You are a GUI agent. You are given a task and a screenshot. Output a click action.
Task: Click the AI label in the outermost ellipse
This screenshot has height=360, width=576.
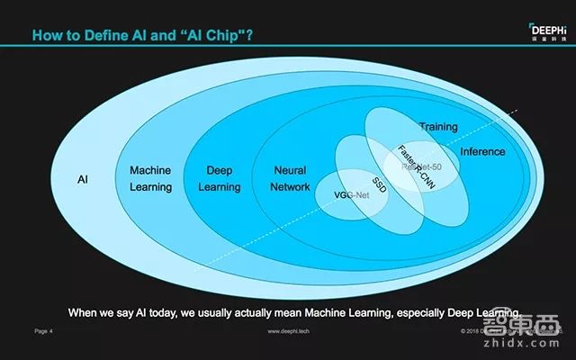[81, 179]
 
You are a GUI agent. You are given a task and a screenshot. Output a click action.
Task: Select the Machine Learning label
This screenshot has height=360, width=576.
[150, 178]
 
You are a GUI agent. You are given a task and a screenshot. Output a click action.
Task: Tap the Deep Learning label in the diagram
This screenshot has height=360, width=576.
[220, 178]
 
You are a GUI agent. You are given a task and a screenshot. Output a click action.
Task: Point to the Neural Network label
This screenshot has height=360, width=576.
[289, 178]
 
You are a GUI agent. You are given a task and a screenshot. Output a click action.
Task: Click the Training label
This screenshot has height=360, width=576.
[438, 127]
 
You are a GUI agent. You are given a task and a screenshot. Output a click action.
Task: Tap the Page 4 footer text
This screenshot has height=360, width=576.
[44, 331]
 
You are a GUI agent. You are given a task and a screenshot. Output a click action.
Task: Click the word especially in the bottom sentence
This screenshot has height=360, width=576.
[427, 312]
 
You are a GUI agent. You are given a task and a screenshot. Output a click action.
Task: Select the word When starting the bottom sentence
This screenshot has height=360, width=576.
[85, 312]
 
